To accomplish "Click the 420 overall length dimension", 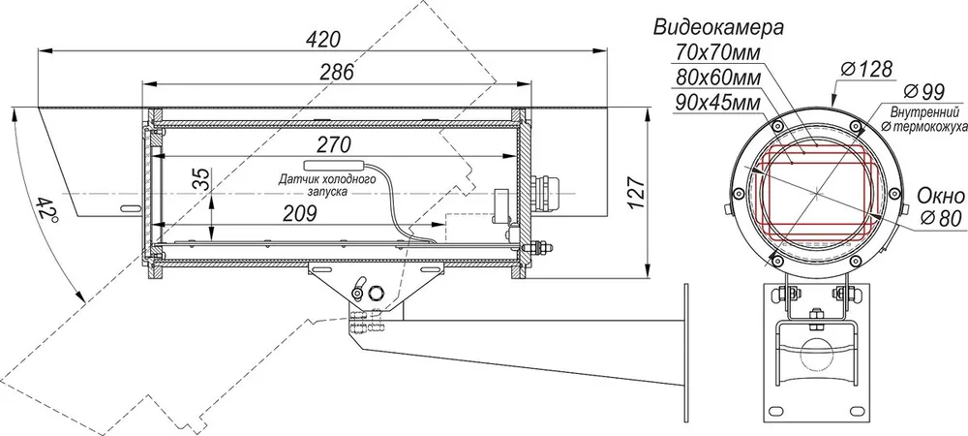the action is (322, 39).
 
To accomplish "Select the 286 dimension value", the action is (337, 72).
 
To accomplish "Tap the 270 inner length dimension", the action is (333, 144).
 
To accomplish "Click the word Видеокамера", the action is (718, 28).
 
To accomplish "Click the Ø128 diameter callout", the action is (865, 69).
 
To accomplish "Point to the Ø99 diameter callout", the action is (923, 92).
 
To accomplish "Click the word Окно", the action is (940, 197).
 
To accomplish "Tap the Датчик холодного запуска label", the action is (326, 185).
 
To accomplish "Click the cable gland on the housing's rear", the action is (540, 193).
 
